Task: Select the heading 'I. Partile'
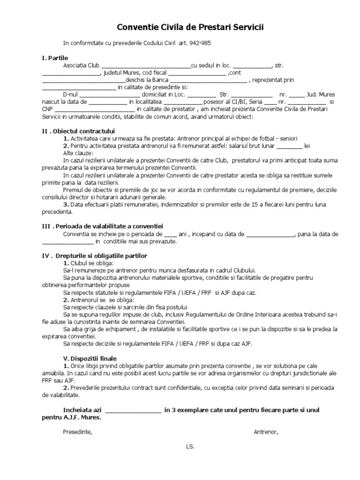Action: pos(55,58)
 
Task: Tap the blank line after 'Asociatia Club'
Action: pos(146,66)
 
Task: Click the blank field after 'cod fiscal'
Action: pos(196,73)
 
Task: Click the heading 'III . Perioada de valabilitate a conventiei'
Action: pos(102,226)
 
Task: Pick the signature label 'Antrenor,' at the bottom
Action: pos(266,432)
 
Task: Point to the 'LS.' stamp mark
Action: pos(190,446)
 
